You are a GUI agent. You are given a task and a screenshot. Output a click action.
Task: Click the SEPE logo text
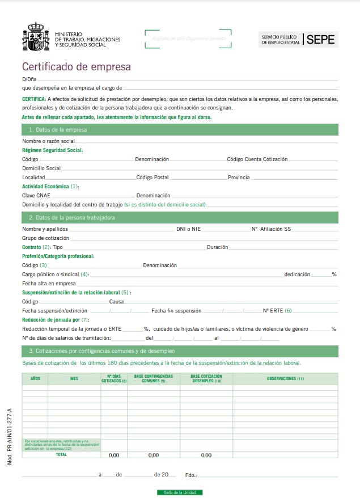(321, 39)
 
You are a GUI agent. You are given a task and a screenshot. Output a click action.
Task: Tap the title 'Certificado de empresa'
(76, 67)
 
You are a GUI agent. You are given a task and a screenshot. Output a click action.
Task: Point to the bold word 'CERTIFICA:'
(35, 99)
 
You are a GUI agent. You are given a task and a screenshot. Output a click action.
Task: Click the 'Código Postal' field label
(153, 178)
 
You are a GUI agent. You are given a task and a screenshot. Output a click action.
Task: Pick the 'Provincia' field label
(239, 178)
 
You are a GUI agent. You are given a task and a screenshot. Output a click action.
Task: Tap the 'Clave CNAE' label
(36, 195)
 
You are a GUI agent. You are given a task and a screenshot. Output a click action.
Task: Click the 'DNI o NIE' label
(188, 229)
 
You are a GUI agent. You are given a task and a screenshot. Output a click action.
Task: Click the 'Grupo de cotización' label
(45, 238)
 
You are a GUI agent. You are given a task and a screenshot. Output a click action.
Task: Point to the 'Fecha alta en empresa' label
(49, 283)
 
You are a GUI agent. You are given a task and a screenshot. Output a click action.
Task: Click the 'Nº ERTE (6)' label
(277, 311)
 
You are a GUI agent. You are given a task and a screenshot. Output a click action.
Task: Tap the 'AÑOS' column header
(35, 378)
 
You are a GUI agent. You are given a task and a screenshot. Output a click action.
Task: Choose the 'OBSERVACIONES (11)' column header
(285, 378)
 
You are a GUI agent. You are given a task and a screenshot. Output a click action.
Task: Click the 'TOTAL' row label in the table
(61, 454)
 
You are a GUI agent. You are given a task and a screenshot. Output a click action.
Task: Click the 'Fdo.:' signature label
(191, 475)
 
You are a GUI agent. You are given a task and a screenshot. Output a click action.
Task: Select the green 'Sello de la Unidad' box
(180, 492)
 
